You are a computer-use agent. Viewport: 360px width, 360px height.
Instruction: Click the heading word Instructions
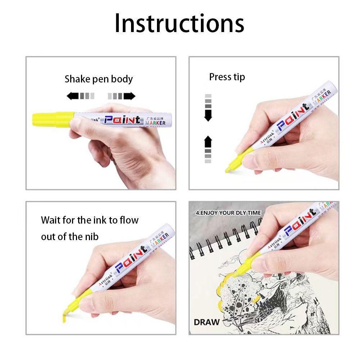[x=179, y=23]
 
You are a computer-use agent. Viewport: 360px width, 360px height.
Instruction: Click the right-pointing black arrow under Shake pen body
[x=129, y=96]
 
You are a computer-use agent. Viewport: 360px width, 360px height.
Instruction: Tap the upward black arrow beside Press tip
[x=208, y=141]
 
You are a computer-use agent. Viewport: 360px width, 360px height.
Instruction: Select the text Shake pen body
[x=99, y=79]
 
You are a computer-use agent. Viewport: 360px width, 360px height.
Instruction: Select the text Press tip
[x=227, y=77]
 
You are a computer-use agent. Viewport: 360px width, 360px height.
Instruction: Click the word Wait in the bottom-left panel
[x=51, y=220]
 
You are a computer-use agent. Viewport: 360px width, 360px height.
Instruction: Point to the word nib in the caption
[x=92, y=236]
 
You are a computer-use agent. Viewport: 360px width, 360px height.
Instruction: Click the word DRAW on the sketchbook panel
[x=206, y=321]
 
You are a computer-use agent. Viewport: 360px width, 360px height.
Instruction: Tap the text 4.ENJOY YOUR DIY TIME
[x=228, y=213]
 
